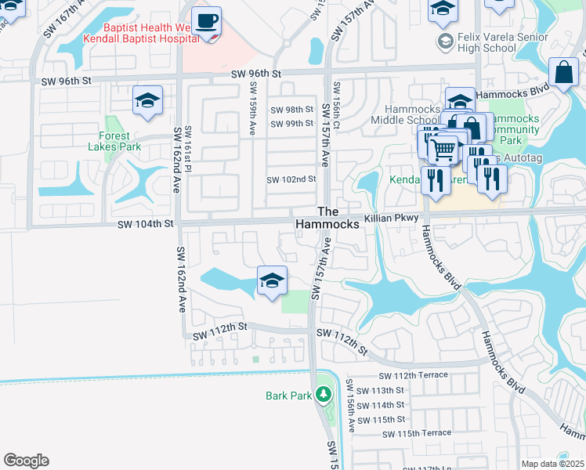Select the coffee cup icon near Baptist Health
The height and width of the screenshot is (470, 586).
click(206, 21)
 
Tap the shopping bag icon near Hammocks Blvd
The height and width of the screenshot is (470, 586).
click(563, 73)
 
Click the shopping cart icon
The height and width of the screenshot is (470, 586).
click(444, 148)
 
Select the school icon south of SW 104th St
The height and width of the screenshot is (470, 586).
click(272, 280)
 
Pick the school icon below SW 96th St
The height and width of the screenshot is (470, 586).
click(147, 101)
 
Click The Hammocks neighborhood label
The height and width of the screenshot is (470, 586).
click(327, 218)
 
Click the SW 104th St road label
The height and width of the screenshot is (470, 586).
click(144, 224)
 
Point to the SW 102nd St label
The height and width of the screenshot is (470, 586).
click(291, 179)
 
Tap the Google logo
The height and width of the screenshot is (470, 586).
click(26, 461)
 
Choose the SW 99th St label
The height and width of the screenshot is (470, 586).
click(291, 124)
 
